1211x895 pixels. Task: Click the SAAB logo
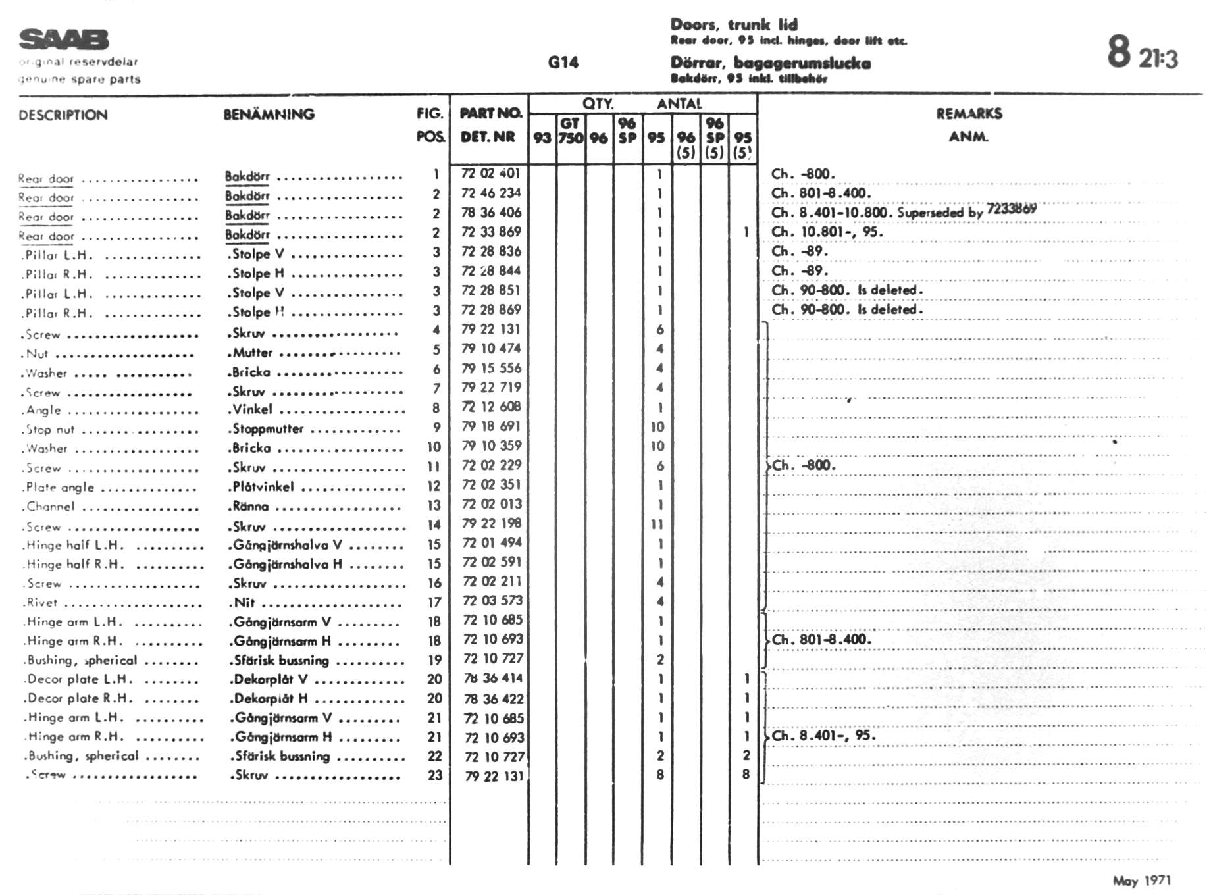point(64,39)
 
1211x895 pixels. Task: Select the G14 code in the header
point(563,63)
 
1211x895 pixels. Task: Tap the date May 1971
point(1141,881)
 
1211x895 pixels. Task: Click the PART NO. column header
point(490,113)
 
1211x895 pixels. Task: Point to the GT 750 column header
point(571,131)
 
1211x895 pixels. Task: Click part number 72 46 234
point(491,193)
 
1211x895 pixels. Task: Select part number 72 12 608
point(491,407)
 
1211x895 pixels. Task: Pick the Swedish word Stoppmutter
point(269,429)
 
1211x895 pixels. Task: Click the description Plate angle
point(60,488)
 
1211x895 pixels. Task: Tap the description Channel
point(51,507)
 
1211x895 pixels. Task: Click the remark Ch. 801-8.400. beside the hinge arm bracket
point(821,640)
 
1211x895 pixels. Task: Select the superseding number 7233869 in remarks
point(1012,209)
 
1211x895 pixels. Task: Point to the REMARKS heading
point(969,114)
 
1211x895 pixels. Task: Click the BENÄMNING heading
point(269,115)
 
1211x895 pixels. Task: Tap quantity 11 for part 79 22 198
point(657,524)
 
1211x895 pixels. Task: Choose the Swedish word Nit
point(244,602)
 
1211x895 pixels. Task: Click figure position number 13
point(434,505)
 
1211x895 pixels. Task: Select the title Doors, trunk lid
point(734,25)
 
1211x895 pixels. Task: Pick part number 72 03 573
point(492,600)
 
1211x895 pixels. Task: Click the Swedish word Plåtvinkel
point(263,487)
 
